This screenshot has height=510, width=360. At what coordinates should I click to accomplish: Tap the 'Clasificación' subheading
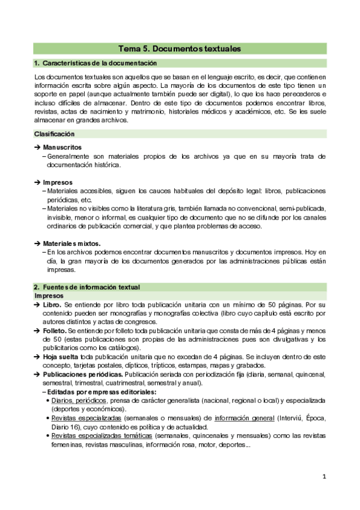[55, 133]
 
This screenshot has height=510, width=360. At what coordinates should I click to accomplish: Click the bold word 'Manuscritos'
[63, 147]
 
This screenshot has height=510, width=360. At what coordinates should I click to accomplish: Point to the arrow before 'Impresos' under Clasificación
[37, 182]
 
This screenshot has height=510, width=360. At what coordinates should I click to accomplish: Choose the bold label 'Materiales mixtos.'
[72, 242]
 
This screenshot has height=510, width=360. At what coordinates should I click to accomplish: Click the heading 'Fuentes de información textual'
[90, 286]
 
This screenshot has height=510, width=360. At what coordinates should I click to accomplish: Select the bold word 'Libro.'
[52, 305]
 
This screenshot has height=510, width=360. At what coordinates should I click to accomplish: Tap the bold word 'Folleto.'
[55, 331]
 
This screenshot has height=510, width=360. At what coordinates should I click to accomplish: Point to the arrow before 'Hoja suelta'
[37, 357]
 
